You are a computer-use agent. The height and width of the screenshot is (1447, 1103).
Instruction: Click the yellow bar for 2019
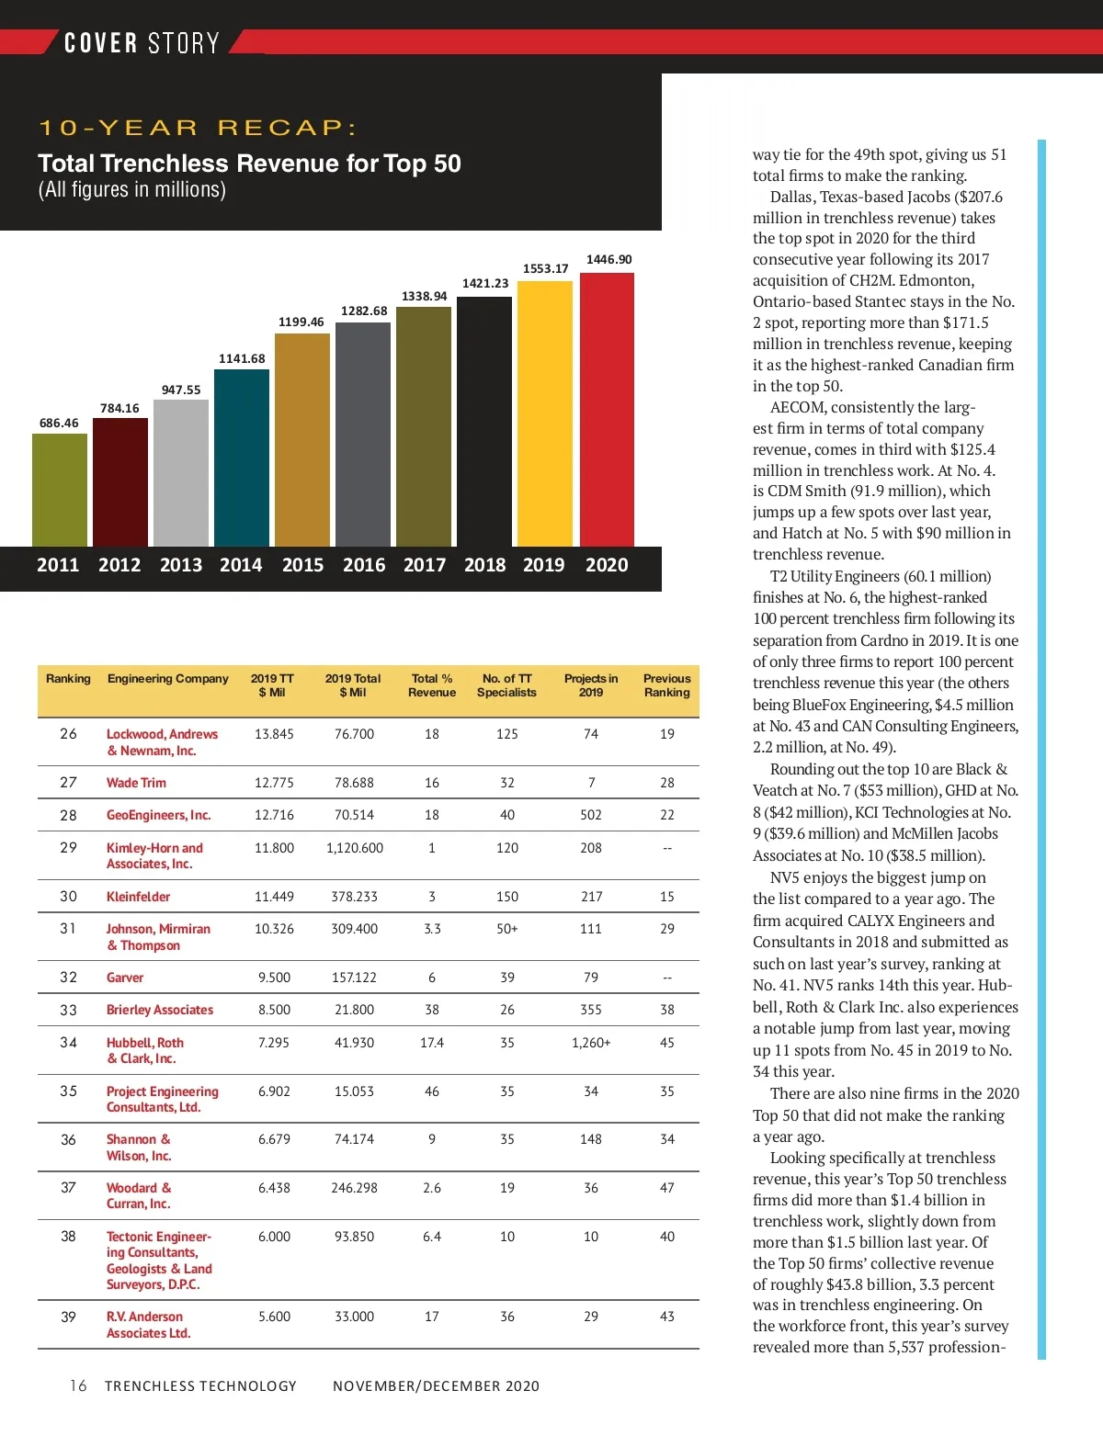click(x=544, y=413)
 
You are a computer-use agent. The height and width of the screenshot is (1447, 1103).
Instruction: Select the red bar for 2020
click(x=607, y=410)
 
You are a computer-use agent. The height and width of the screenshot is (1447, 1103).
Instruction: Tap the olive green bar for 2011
click(x=60, y=490)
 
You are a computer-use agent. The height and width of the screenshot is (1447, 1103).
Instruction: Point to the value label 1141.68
click(x=242, y=359)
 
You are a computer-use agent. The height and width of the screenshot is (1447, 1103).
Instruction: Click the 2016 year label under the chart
click(x=364, y=565)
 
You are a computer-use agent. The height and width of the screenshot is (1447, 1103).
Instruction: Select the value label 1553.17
click(x=546, y=269)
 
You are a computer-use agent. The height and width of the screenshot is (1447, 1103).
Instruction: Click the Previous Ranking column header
click(x=666, y=685)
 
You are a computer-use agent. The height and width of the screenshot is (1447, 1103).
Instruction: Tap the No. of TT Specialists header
click(x=506, y=685)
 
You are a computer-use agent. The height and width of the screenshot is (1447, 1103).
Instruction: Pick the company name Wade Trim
click(x=136, y=783)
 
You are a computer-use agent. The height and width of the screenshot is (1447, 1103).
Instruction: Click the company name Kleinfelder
click(x=138, y=897)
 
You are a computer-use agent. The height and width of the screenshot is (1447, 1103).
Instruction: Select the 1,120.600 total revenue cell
click(x=355, y=848)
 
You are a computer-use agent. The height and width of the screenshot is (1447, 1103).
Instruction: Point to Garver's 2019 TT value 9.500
click(x=274, y=978)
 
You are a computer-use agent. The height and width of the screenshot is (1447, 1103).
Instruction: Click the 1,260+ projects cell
click(x=591, y=1043)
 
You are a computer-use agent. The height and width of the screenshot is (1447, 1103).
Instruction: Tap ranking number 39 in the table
click(x=69, y=1317)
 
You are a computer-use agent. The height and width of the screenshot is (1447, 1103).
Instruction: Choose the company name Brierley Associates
click(x=160, y=1010)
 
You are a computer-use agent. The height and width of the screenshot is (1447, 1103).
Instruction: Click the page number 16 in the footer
click(x=78, y=1385)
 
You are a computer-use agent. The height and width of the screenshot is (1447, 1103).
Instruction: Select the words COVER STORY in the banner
click(x=142, y=43)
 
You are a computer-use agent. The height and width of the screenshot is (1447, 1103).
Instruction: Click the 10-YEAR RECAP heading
click(x=198, y=128)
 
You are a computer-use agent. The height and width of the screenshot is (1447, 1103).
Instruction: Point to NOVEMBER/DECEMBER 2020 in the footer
click(x=436, y=1385)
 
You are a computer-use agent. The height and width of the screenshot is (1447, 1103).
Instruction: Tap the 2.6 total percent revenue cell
click(x=432, y=1188)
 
